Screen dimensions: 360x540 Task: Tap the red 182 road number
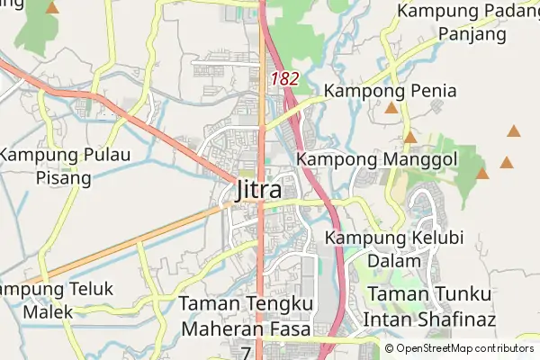(284, 79)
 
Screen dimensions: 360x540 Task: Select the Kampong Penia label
(391, 91)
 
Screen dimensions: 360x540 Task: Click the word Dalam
(387, 261)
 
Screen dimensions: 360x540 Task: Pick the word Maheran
(227, 328)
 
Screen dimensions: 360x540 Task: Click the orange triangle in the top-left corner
(52, 8)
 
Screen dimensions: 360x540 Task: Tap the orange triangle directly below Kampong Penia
(391, 109)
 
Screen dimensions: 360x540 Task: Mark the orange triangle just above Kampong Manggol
(409, 138)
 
